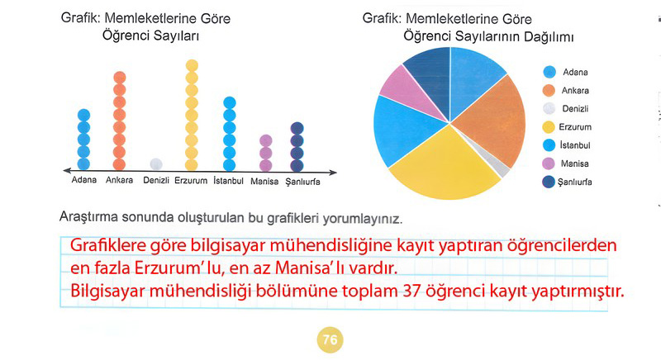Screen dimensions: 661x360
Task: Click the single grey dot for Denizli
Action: tap(156, 164)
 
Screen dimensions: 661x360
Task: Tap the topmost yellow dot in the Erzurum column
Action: tap(192, 66)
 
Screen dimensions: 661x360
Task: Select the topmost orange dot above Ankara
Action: tap(120, 78)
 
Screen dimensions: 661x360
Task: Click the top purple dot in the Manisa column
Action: tap(265, 140)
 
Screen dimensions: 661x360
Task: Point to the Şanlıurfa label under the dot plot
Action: tap(302, 182)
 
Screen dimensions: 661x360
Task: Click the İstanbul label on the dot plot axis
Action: tap(229, 181)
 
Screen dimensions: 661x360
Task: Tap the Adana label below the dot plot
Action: tap(84, 180)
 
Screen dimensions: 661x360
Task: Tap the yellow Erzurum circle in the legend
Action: tap(549, 126)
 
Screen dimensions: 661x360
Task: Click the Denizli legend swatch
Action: tap(549, 108)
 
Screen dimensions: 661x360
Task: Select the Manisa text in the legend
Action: tap(575, 163)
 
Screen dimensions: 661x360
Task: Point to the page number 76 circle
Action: tap(330, 340)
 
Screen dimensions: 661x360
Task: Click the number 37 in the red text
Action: tap(411, 291)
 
